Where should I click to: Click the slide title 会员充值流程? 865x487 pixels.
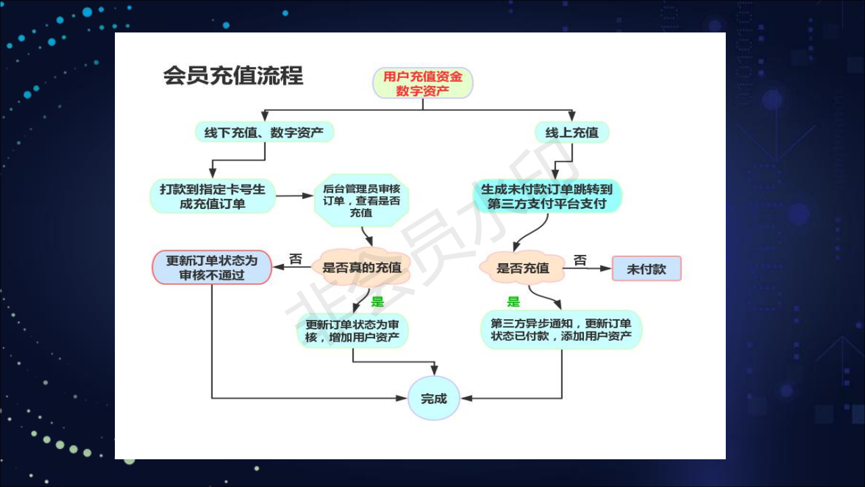[233, 75]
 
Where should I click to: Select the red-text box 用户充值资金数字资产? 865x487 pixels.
[423, 83]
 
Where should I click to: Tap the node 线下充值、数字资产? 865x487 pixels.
[264, 132]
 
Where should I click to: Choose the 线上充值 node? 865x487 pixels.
[572, 132]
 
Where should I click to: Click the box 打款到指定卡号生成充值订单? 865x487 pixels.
[212, 196]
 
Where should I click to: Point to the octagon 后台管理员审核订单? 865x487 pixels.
[362, 200]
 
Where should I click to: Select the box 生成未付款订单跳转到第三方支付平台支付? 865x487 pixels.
[547, 196]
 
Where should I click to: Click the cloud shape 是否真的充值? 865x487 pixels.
[362, 267]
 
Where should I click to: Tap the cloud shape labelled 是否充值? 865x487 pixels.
[522, 267]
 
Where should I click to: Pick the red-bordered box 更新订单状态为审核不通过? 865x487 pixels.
[212, 267]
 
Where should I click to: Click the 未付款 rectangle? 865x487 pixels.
[647, 269]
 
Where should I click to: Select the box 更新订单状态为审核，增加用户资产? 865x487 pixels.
[352, 331]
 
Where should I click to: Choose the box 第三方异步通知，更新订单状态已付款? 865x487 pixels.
[561, 329]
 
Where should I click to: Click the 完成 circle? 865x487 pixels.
[434, 398]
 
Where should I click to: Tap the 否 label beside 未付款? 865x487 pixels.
[580, 260]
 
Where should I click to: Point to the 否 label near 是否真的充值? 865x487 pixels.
[295, 258]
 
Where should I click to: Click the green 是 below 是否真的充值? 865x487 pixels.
[377, 301]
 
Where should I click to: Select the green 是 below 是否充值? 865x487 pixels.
[513, 302]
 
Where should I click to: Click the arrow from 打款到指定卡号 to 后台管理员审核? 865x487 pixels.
[294, 195]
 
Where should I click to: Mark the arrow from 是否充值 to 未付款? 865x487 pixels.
[588, 269]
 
